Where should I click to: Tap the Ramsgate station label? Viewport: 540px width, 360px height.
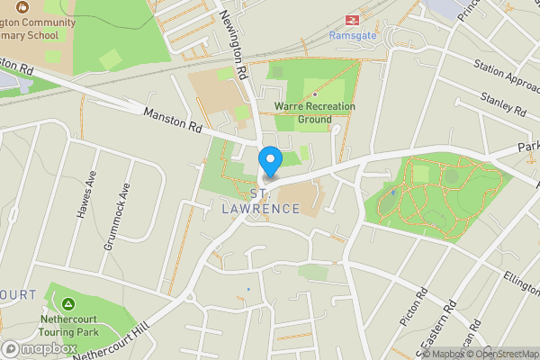click(352, 36)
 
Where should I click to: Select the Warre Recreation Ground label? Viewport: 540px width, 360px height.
click(315, 112)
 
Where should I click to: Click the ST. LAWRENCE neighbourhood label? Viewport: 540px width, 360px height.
click(261, 202)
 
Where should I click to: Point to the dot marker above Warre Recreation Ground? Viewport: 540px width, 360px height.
click(315, 94)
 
